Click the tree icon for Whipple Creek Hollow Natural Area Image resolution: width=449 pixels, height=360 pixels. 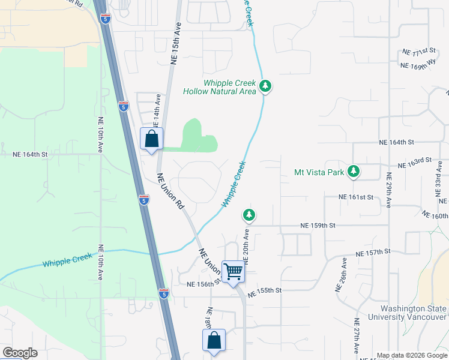click(x=265, y=88)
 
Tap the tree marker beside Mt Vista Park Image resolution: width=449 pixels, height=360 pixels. click(x=354, y=172)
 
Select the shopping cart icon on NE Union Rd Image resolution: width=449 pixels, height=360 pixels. click(x=232, y=271)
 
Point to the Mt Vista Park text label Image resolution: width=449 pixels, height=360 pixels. click(x=319, y=172)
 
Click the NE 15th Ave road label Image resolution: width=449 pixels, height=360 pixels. click(x=175, y=44)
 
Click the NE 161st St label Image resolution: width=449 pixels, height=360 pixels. click(x=355, y=197)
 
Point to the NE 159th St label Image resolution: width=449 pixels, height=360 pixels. click(x=317, y=226)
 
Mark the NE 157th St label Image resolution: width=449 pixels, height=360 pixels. click(x=373, y=252)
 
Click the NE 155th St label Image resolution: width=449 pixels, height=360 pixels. click(x=264, y=290)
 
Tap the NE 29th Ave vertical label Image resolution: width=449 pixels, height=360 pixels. click(x=389, y=191)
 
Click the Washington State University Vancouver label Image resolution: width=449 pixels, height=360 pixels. click(x=408, y=313)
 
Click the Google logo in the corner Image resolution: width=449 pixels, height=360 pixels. click(x=20, y=353)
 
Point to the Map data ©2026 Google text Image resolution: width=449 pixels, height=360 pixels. click(x=411, y=355)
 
